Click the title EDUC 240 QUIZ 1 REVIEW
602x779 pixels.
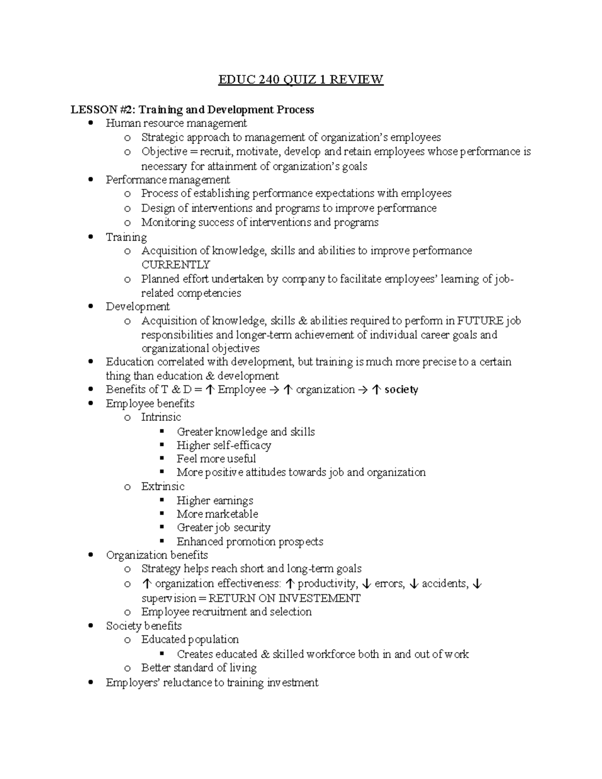point(300,80)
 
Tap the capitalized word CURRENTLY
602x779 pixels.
point(176,265)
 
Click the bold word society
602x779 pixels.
point(401,390)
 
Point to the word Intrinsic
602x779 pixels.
point(161,417)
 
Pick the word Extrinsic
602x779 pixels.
point(163,487)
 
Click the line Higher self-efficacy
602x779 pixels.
point(224,445)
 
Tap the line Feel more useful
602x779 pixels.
point(216,459)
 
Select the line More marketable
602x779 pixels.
point(217,514)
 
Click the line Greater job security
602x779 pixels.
point(223,528)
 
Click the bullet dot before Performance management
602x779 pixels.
point(90,180)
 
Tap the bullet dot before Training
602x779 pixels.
point(90,237)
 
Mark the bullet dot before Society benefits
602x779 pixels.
point(90,626)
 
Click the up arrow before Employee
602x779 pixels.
point(211,390)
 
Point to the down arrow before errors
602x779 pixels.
point(367,584)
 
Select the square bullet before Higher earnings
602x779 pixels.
point(162,501)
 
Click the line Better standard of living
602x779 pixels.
point(199,668)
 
